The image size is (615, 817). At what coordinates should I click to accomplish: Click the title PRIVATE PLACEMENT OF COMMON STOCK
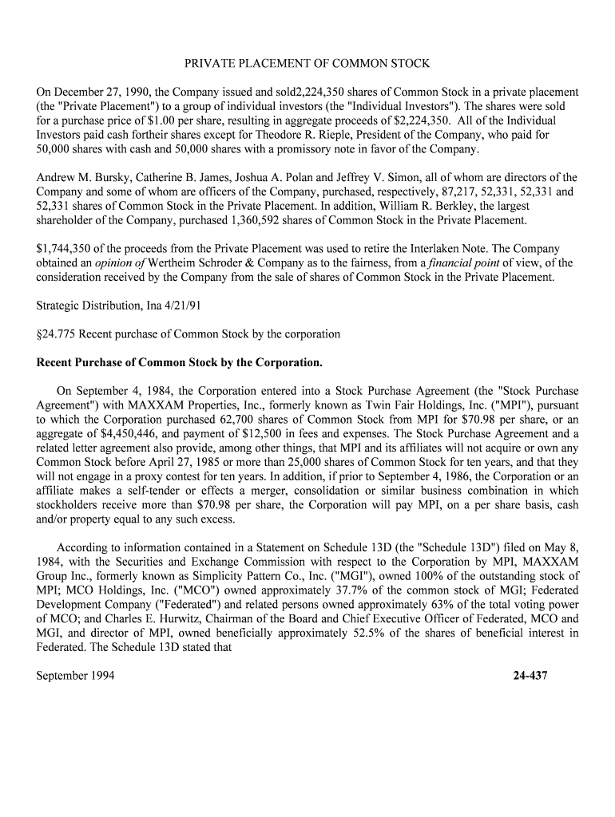(x=307, y=63)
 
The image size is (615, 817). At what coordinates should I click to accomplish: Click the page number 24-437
(x=530, y=676)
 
